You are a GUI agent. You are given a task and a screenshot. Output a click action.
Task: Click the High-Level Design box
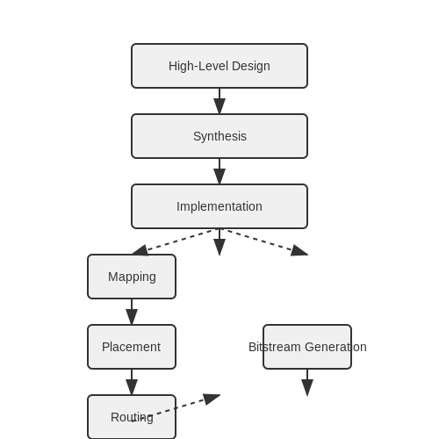point(219,66)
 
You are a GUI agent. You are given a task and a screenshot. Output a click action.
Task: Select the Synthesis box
point(219,136)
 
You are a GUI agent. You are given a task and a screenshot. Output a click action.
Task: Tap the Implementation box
point(219,206)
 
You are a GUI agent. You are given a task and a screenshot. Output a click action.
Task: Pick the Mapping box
point(132,277)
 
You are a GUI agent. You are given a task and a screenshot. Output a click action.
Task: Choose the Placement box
point(132,347)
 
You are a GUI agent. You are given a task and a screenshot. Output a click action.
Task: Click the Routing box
point(132,417)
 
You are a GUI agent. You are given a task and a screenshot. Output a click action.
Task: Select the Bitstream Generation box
point(307,347)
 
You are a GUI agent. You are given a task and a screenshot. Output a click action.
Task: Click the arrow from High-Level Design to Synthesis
point(219,101)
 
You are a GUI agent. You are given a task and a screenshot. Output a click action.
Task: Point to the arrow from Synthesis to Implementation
point(219,171)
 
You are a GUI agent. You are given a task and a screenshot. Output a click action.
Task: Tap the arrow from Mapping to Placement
point(132,312)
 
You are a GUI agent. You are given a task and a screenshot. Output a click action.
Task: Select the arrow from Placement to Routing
point(132,382)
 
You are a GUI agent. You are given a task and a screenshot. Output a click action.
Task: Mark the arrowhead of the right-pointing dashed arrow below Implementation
point(299,251)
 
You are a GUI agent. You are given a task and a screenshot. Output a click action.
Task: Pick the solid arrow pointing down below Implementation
point(219,242)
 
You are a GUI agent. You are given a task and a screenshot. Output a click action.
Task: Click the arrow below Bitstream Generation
point(307,383)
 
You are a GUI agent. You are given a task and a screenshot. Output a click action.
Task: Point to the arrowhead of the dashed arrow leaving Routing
point(212,399)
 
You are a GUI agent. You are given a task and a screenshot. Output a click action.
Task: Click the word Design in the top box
point(251,66)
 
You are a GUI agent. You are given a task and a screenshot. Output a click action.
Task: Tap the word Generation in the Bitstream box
point(335,347)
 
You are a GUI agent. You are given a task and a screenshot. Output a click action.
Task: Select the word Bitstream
point(275,347)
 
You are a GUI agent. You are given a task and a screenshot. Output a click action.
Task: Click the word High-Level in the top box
point(198,66)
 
